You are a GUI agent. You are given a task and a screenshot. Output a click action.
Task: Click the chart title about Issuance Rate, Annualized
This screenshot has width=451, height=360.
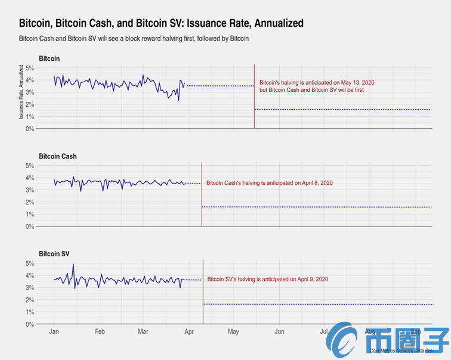point(161,23)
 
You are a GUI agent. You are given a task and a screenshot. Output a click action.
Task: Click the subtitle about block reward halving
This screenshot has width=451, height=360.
point(134,38)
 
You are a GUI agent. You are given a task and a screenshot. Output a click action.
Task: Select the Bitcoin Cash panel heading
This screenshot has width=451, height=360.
point(57,156)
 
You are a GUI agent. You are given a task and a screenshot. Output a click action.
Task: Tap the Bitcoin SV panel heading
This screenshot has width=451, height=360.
point(54,253)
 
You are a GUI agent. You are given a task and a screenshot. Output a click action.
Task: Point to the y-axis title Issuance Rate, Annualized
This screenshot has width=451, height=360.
point(21,93)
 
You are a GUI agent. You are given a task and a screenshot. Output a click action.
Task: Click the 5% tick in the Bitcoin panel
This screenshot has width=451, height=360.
point(29,68)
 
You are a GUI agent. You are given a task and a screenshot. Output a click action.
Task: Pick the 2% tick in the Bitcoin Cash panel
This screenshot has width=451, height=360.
point(29,202)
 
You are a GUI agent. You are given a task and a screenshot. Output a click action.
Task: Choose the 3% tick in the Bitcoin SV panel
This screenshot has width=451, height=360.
point(29,287)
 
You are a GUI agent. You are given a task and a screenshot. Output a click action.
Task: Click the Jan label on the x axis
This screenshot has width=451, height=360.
point(54,331)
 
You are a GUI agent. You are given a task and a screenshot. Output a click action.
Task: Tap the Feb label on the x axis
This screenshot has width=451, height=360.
point(100,331)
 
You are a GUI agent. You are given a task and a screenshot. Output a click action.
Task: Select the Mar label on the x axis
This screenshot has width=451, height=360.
point(143,331)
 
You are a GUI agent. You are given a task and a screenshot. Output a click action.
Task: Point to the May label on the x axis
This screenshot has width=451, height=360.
point(233,331)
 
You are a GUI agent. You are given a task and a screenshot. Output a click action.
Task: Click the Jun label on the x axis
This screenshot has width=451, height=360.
point(279,331)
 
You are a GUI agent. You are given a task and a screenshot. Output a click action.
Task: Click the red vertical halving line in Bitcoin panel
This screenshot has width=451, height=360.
point(254,95)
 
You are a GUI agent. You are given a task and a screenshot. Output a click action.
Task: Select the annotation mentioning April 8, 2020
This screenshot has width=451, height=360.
point(269,182)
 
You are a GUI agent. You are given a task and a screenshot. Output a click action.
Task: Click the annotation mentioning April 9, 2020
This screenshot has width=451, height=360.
point(267,279)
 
